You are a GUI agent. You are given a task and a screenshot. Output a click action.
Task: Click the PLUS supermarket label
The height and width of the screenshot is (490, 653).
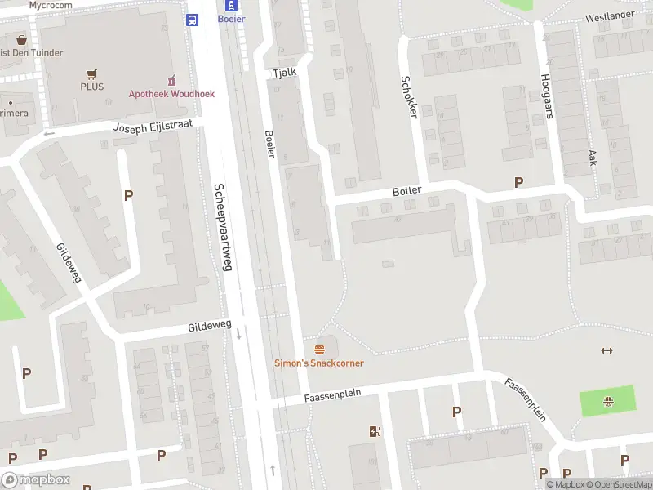(x=92, y=86)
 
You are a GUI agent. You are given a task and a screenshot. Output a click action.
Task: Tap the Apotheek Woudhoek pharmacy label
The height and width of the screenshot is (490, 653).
(x=171, y=94)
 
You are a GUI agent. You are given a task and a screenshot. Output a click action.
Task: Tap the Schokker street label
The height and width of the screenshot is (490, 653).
(x=408, y=97)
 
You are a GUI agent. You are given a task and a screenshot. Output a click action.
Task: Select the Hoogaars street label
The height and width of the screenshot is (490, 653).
(x=546, y=96)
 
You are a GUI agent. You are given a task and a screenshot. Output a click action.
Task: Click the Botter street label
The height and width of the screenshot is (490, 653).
(x=406, y=191)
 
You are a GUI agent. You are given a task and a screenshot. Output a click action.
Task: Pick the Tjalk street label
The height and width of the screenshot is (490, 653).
(x=284, y=73)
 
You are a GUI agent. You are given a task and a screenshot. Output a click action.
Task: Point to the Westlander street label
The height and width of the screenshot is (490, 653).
(x=610, y=16)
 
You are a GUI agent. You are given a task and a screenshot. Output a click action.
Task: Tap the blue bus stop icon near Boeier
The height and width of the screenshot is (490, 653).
(x=193, y=20)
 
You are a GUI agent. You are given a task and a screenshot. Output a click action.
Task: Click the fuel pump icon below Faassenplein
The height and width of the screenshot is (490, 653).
(x=375, y=431)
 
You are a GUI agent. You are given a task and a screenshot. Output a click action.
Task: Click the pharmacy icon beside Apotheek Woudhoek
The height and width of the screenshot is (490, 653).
(x=171, y=81)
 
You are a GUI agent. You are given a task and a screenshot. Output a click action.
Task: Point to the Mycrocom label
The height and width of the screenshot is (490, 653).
(x=51, y=5)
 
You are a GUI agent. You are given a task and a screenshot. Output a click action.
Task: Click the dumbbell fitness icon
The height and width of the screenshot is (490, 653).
(x=606, y=351)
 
